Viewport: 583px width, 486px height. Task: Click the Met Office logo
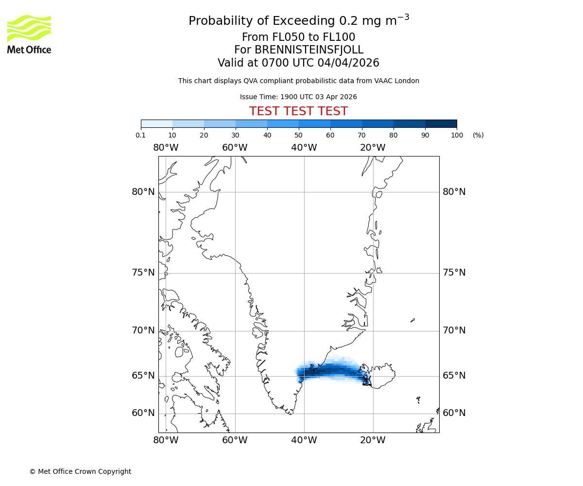(x=29, y=34)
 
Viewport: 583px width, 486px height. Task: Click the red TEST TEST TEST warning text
(x=298, y=111)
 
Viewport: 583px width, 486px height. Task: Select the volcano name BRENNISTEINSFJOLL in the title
(x=298, y=50)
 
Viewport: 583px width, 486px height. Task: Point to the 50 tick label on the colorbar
(x=299, y=135)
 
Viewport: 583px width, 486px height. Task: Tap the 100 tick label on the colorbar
(x=457, y=135)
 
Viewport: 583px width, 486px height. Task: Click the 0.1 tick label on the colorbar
(x=141, y=135)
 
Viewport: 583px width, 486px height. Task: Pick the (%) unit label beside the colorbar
(x=478, y=135)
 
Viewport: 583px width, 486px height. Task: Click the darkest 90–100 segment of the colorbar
(x=441, y=123)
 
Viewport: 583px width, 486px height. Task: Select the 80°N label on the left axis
(x=143, y=192)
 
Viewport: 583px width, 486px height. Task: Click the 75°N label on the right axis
(x=454, y=273)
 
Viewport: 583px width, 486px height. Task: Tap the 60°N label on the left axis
(x=143, y=413)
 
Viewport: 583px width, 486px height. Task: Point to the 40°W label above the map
(x=304, y=148)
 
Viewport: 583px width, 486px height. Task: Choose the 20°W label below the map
(x=373, y=440)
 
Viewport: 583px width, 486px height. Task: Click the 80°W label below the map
(x=166, y=440)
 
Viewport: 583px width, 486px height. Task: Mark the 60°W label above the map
(x=235, y=148)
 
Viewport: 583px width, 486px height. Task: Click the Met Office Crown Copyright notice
(x=80, y=471)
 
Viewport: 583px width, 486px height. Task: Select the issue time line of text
(x=298, y=97)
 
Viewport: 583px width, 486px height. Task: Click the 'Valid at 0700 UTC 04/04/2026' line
(x=298, y=63)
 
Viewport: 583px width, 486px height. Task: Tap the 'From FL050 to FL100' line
(x=298, y=37)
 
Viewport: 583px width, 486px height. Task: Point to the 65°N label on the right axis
(x=454, y=376)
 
